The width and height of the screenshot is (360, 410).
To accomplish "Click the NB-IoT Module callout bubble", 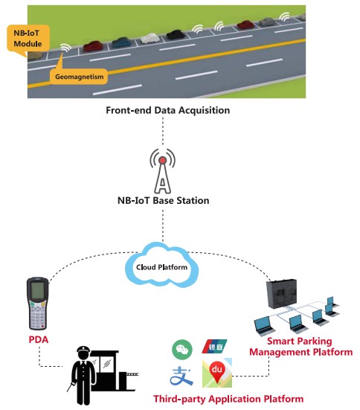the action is click(28, 38).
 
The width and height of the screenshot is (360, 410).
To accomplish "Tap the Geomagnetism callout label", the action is click(79, 77).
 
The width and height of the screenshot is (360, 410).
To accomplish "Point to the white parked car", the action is click(150, 38).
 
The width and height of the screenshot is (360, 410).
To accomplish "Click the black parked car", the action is click(176, 34).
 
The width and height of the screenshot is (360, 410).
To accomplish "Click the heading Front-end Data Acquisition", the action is click(168, 110).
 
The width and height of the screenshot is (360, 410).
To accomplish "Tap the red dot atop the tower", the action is click(162, 160).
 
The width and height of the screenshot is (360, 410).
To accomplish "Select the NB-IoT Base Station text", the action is click(164, 201).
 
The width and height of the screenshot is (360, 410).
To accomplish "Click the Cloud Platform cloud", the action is click(162, 265).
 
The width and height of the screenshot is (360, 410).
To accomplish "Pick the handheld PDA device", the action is click(38, 304).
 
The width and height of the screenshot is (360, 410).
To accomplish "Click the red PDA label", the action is click(39, 339).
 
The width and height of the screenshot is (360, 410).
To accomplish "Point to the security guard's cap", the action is click(83, 350).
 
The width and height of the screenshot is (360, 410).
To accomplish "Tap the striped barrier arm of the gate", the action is click(132, 374).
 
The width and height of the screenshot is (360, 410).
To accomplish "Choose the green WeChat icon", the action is click(182, 349).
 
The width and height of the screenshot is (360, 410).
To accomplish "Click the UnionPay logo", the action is click(215, 347).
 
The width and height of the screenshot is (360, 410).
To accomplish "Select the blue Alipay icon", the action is click(181, 377).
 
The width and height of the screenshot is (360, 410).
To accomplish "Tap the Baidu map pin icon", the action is click(217, 373).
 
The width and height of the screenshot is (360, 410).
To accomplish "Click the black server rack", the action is click(282, 294).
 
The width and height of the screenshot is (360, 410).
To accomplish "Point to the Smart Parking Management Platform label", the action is click(301, 347).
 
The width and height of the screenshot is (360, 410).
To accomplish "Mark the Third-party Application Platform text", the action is click(228, 399).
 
